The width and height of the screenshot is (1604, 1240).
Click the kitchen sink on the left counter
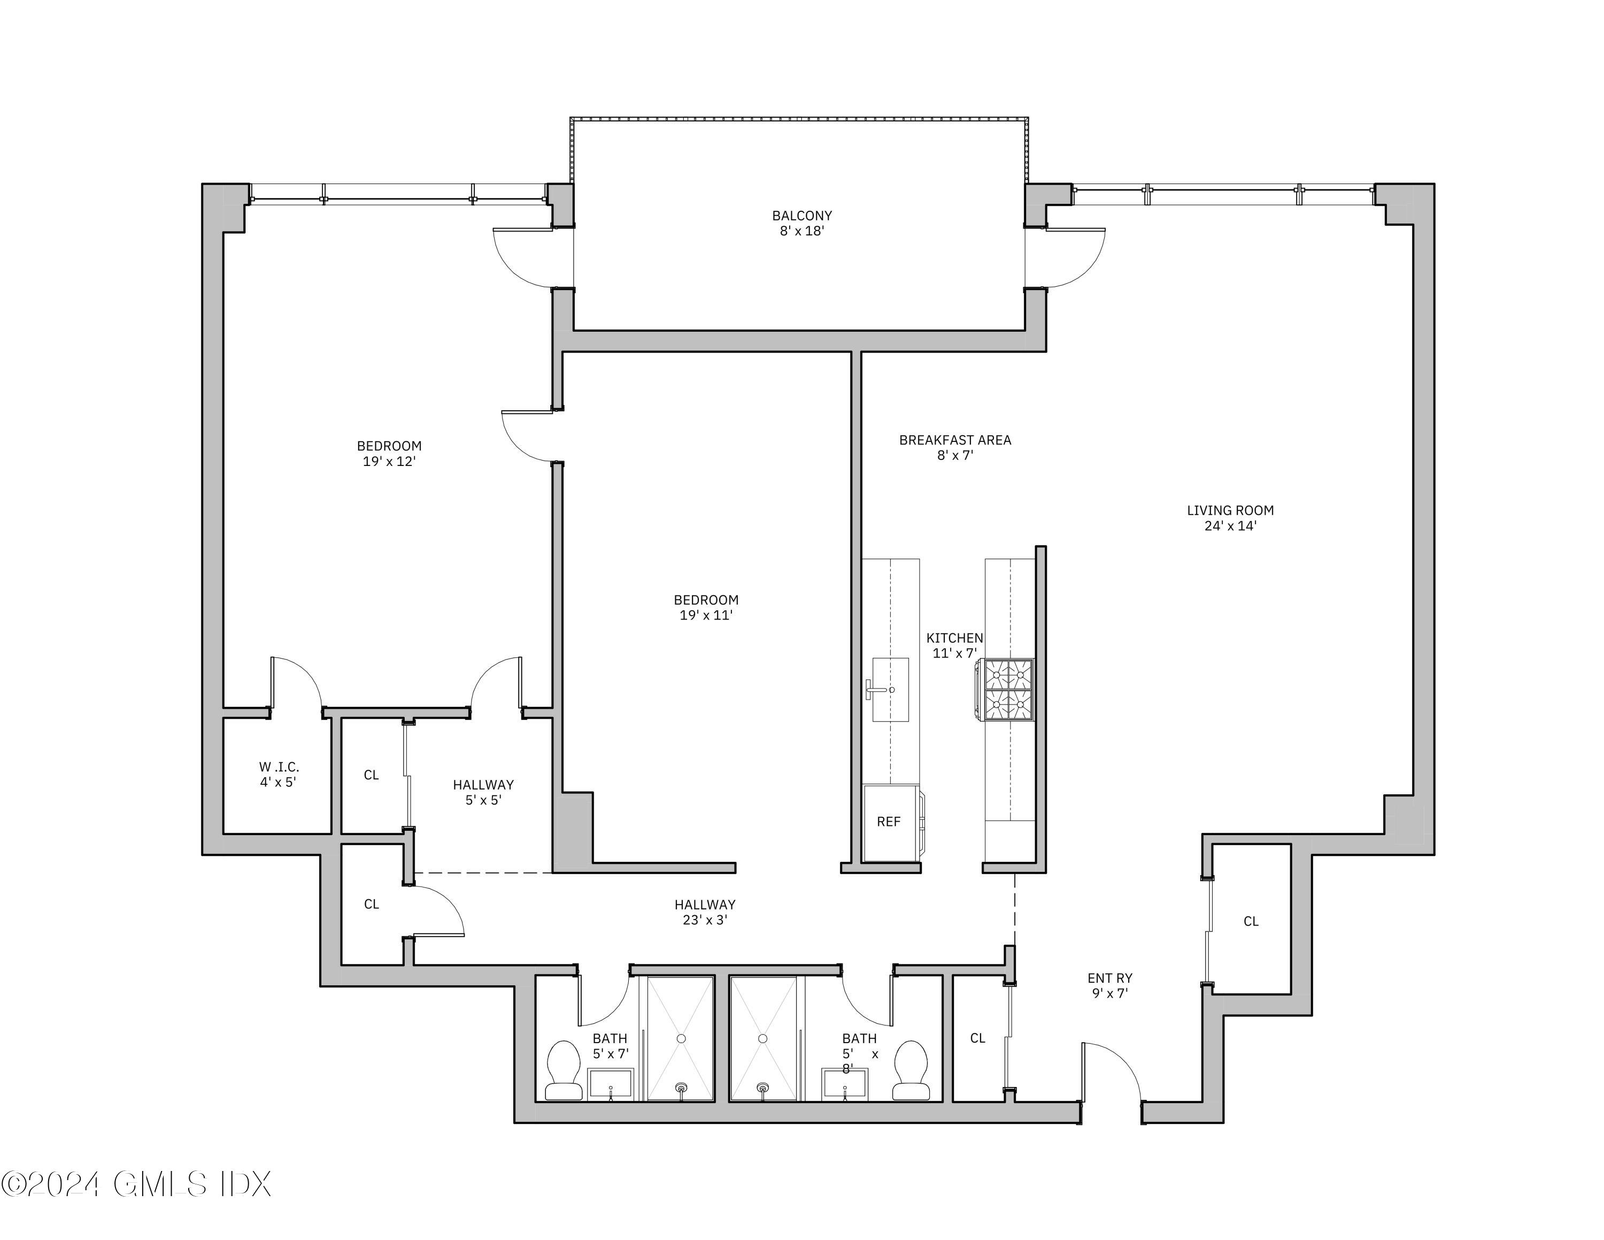[890, 690]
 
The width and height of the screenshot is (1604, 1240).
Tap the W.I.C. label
[279, 767]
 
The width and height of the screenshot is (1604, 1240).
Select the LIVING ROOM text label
[1230, 510]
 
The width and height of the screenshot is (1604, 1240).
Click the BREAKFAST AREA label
[955, 440]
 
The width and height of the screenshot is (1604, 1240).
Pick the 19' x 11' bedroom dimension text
[706, 616]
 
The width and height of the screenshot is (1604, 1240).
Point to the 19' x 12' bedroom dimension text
[389, 461]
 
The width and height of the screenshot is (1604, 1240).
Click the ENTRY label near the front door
[1110, 978]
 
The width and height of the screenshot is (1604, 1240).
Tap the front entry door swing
[1113, 1069]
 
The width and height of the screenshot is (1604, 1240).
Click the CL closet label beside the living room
[1251, 921]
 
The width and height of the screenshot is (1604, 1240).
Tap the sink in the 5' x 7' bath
[611, 1085]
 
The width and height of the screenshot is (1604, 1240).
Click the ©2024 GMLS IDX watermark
[136, 1184]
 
